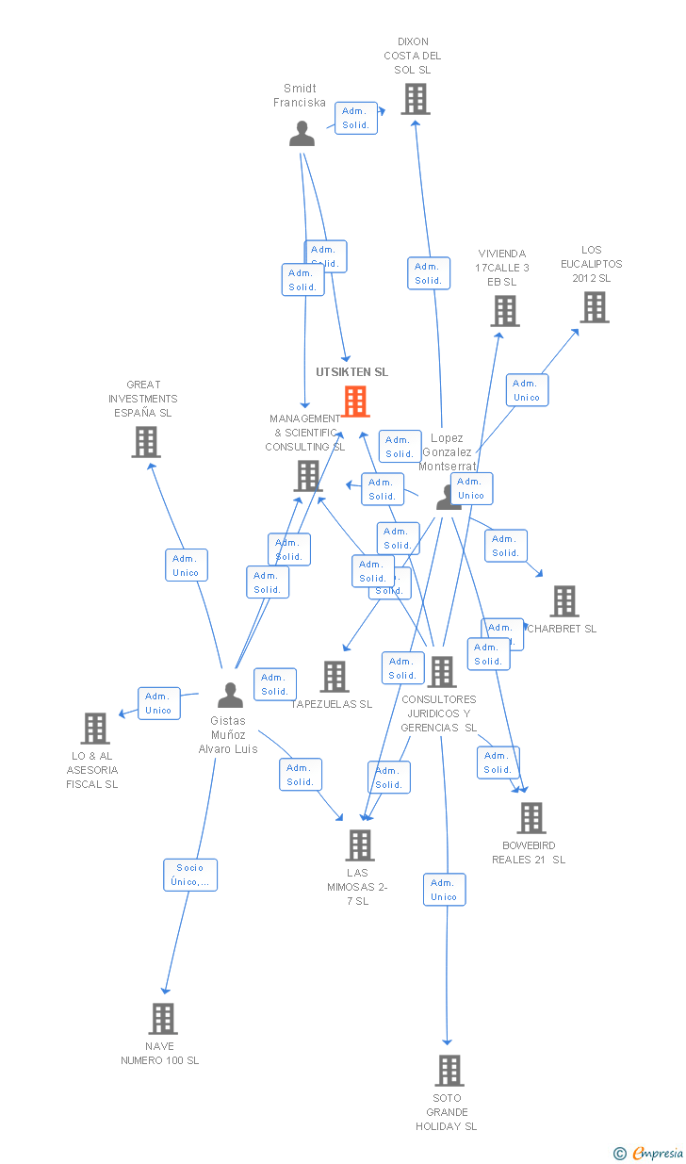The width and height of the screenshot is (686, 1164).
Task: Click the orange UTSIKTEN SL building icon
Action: [355, 402]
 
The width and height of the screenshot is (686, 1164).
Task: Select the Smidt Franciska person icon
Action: [302, 135]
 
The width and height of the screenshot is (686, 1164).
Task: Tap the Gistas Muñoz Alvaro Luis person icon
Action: [230, 696]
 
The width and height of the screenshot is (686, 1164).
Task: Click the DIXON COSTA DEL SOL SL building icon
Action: [415, 99]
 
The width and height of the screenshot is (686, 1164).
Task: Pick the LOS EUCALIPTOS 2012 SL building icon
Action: [594, 307]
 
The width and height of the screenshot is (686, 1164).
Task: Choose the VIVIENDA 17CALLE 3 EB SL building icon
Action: [504, 311]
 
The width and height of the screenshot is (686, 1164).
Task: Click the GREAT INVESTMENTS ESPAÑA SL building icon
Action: [145, 442]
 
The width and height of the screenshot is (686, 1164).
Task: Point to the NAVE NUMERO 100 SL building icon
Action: [162, 1019]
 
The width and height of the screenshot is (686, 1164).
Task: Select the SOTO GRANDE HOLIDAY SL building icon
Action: [449, 1071]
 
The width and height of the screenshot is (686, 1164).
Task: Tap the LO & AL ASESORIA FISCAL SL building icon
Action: [94, 729]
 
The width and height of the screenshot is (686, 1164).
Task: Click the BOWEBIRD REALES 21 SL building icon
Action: [531, 818]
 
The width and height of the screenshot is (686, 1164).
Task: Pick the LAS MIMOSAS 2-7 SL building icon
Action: [359, 845]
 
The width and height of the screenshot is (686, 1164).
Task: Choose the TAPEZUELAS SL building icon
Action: [334, 677]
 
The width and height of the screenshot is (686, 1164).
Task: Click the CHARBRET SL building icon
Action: [563, 601]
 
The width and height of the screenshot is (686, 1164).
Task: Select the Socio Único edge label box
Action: [189, 875]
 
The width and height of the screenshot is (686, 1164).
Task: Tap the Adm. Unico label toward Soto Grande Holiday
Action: [444, 890]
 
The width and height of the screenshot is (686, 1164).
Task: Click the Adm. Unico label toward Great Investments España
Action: [186, 566]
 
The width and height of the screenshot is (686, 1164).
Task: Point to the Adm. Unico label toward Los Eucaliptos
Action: [527, 390]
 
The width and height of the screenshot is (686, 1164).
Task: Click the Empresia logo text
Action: [658, 1152]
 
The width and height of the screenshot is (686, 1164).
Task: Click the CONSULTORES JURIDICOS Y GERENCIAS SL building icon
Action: [441, 672]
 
